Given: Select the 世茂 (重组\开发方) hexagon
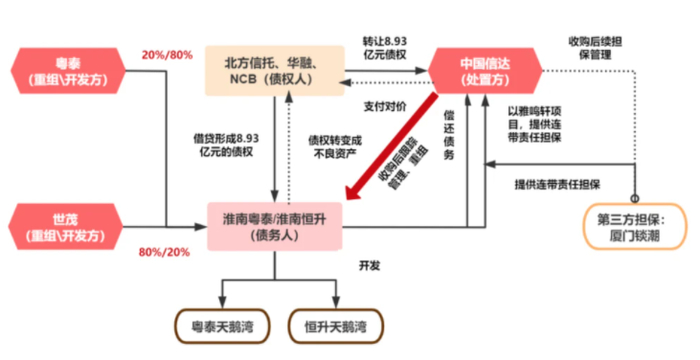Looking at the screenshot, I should coord(67,226).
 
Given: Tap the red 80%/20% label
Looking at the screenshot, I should coord(166,251).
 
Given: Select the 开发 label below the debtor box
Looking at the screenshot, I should coord(370,265).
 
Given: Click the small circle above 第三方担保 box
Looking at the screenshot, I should coord(633,196).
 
